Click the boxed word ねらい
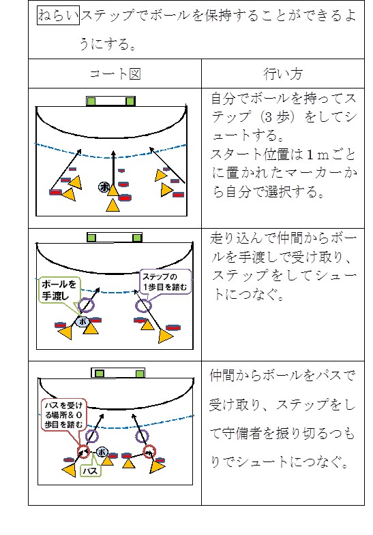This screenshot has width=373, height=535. [x=58, y=16]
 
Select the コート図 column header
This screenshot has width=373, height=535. [x=115, y=74]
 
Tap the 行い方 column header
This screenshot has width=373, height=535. [x=283, y=74]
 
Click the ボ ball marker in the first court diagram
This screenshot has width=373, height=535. [x=104, y=187]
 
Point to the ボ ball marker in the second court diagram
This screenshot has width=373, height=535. [x=83, y=321]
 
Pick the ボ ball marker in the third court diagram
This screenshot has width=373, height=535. [x=102, y=452]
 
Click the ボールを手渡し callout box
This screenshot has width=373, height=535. [x=59, y=290]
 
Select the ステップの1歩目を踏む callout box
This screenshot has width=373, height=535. [x=165, y=282]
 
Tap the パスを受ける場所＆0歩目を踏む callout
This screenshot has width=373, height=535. [x=63, y=415]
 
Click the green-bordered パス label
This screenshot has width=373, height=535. [x=90, y=471]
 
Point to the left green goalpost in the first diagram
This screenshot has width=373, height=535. [x=91, y=101]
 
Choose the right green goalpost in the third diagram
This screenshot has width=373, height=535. [x=139, y=374]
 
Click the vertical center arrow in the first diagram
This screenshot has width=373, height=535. [x=113, y=168]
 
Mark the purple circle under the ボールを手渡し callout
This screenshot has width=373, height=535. [x=86, y=305]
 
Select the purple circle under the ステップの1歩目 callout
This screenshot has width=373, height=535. [x=143, y=306]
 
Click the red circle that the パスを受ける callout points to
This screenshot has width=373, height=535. [x=83, y=452]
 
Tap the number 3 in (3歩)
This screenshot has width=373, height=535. [x=268, y=117]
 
